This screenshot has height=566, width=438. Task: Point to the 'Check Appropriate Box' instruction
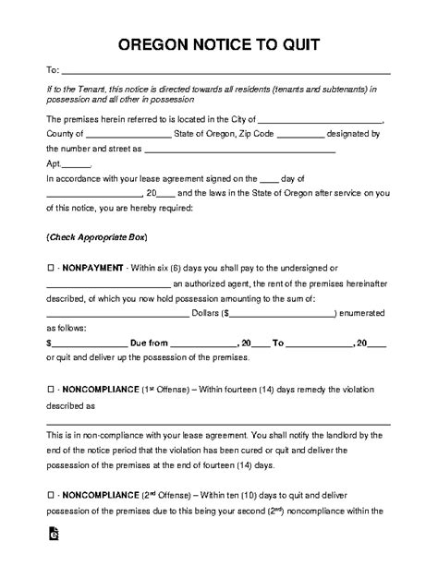(x=96, y=237)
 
